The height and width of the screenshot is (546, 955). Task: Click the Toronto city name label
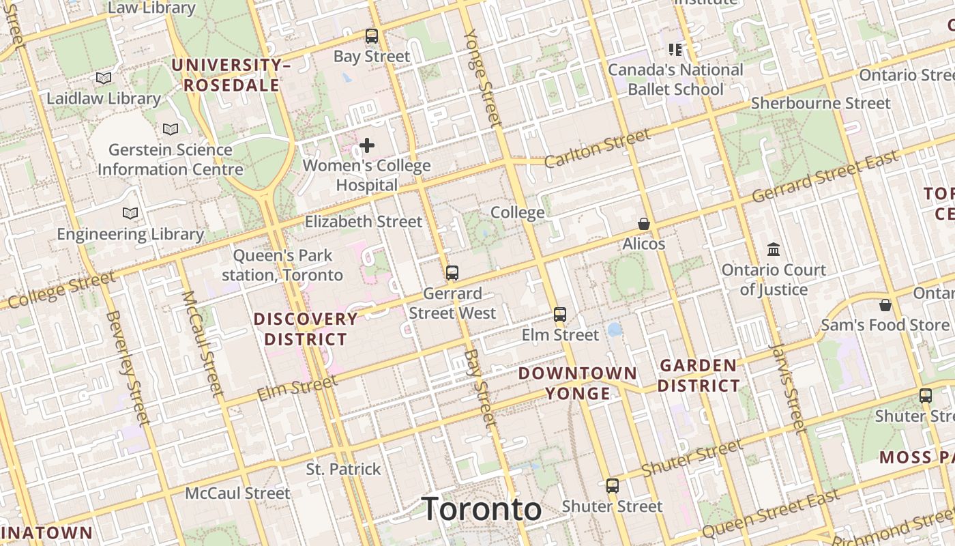[482, 509]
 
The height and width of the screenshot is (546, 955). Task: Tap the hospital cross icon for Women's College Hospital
[367, 145]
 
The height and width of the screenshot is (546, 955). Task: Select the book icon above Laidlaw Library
[104, 78]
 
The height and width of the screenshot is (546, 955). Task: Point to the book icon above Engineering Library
[130, 214]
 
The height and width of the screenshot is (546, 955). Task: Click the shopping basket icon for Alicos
[643, 224]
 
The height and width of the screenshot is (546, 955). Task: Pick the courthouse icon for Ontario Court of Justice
[774, 249]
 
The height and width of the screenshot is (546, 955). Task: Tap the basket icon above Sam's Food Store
[885, 304]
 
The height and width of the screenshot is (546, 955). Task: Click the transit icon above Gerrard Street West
[452, 273]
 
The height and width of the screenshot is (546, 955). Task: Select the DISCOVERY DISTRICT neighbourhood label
[306, 329]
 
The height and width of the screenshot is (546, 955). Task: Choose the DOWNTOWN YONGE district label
[578, 383]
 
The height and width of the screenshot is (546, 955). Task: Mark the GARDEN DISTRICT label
[699, 375]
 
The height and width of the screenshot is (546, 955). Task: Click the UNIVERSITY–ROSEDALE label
[231, 75]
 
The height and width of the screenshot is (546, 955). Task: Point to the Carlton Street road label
[598, 147]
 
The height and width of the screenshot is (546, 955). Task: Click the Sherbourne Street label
[821, 103]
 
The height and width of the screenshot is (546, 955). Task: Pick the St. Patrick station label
[343, 469]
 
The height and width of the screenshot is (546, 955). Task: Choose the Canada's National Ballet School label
[675, 79]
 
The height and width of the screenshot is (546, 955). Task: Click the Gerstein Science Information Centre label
[171, 159]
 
